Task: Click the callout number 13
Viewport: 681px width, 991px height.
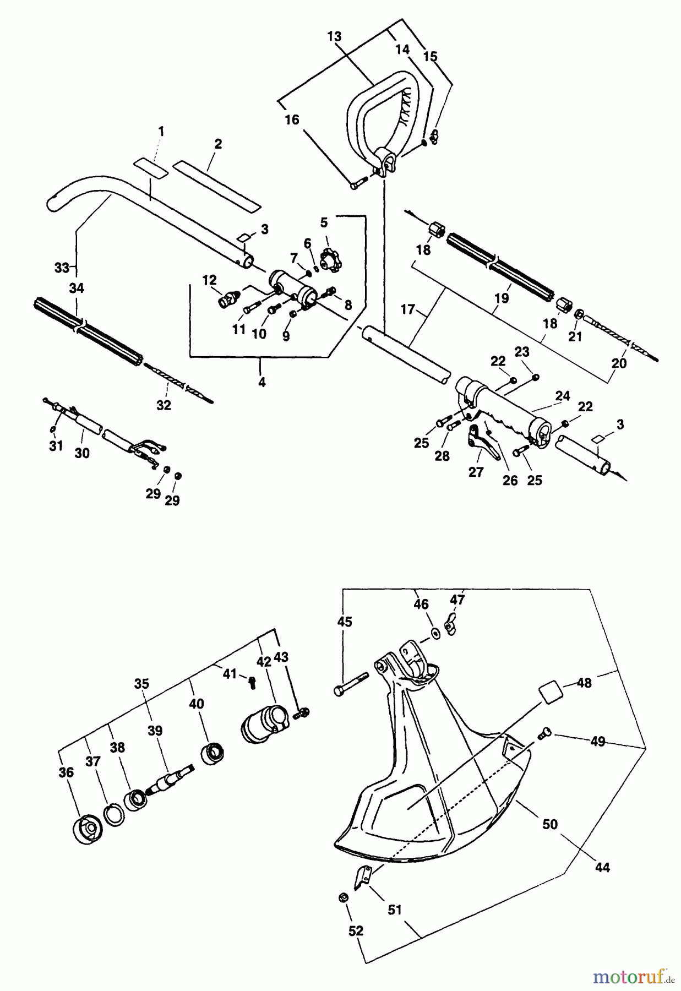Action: [x=334, y=37]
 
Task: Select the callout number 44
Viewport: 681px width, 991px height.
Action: [x=603, y=868]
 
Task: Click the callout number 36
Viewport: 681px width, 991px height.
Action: [x=66, y=773]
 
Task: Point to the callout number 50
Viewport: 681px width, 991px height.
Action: [x=550, y=824]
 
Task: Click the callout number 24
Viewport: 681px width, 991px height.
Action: [x=563, y=396]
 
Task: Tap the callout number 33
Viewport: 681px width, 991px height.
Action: [x=62, y=268]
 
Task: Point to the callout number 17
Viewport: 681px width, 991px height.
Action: [x=407, y=310]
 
